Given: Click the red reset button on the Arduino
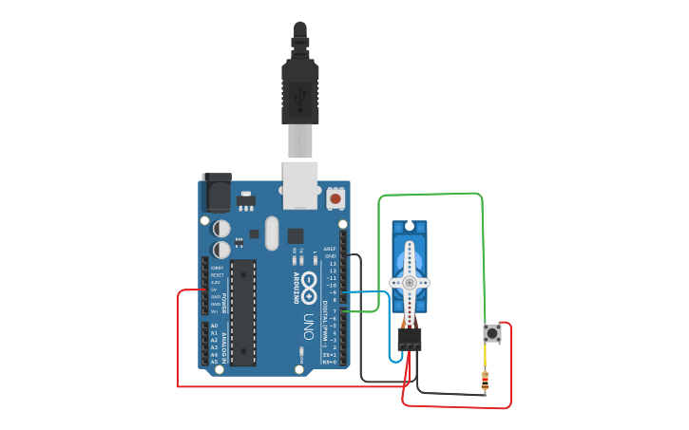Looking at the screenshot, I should click(x=335, y=199).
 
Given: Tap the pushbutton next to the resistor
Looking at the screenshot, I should click(x=492, y=333).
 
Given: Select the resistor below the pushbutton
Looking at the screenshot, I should click(x=487, y=382).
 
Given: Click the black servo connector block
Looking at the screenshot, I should click(x=410, y=339).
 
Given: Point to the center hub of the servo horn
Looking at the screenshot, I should click(x=410, y=283).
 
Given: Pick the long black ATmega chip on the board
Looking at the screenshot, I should click(x=243, y=311).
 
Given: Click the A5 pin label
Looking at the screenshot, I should click(x=214, y=362).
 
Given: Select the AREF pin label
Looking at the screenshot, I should click(x=330, y=249).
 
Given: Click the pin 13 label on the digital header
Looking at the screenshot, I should click(x=332, y=263).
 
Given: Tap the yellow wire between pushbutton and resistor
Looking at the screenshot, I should click(x=487, y=358).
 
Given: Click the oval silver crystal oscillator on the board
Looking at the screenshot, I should click(x=272, y=233).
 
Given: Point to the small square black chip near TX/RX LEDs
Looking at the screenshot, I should click(x=296, y=235).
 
